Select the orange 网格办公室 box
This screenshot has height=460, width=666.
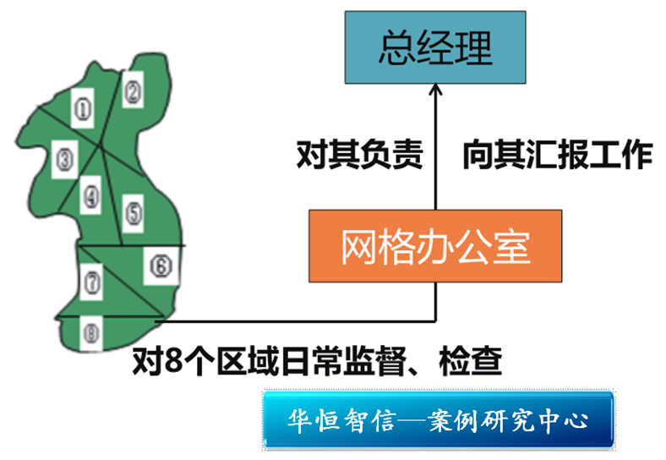coord(434,246)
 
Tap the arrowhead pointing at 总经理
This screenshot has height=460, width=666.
coord(435,90)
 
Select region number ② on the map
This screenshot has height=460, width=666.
coord(132,90)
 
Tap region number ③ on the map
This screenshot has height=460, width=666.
coord(63,157)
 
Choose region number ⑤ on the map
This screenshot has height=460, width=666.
coord(134,209)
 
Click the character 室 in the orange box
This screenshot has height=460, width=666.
coord(512,246)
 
